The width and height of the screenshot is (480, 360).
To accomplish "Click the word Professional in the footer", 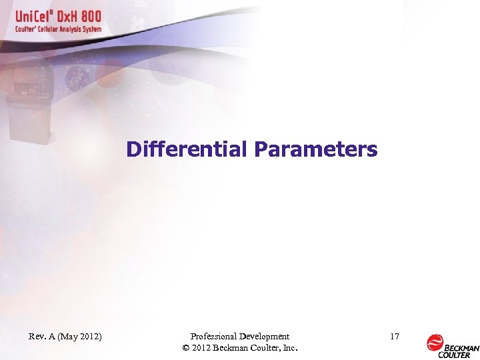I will (x=215, y=337).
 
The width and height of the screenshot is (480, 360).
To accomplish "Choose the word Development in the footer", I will (x=265, y=337).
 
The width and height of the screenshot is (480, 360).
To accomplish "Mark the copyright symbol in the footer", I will (x=185, y=348).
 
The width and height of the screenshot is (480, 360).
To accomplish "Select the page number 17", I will (x=394, y=337).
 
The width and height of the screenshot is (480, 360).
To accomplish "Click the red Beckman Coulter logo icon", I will (x=435, y=343).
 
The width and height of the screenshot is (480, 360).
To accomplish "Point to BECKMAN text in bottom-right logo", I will (x=462, y=347).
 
